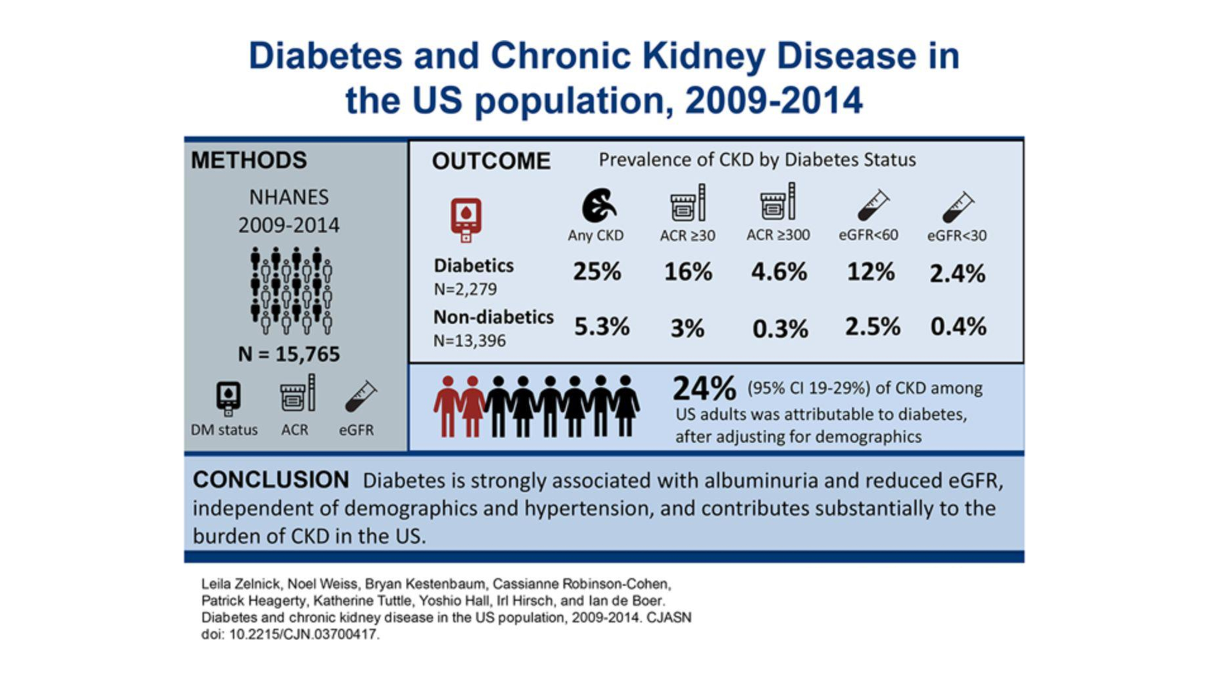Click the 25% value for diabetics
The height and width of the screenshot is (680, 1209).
click(597, 272)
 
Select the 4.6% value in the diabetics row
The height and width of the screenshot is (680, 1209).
click(779, 272)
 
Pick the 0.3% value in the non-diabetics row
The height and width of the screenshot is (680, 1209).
click(780, 329)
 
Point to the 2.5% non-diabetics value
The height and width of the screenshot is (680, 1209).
click(873, 326)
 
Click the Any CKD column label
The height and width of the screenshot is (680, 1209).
click(596, 235)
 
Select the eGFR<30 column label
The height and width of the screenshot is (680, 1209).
click(957, 235)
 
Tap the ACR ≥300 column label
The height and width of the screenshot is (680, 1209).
click(778, 235)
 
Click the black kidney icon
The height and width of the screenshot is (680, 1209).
click(599, 205)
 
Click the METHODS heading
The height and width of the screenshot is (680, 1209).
click(249, 160)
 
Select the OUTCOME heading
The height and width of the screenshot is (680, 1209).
click(491, 161)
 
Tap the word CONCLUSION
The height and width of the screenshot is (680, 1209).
click(271, 480)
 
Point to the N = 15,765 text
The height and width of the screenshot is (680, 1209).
click(289, 354)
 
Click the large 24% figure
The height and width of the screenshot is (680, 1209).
click(704, 389)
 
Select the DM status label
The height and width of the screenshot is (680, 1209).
click(224, 430)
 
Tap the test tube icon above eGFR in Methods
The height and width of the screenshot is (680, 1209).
click(360, 397)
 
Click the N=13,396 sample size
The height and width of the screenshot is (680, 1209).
click(469, 341)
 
